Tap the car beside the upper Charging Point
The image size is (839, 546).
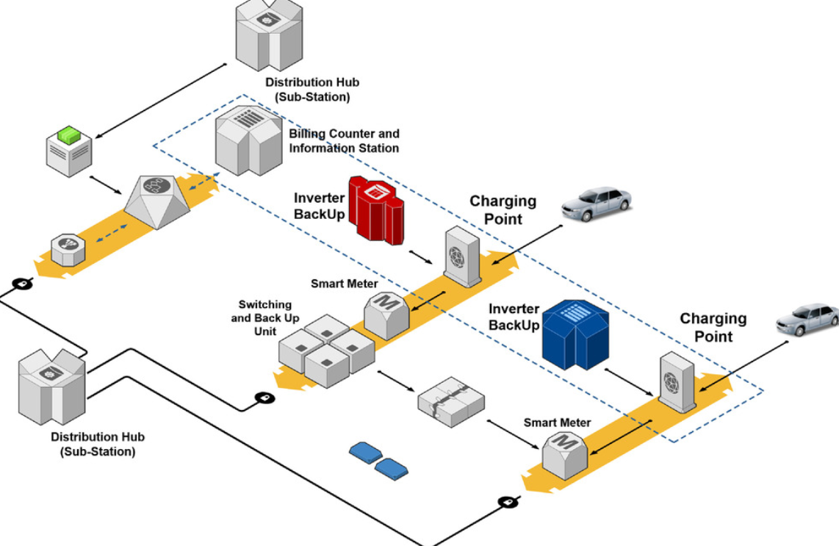pos(596,204)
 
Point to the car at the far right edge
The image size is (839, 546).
pos(808,321)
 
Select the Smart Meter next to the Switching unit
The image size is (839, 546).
pos(386,314)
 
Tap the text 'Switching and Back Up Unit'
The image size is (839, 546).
pos(265,317)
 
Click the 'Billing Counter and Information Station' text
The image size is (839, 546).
pos(344,141)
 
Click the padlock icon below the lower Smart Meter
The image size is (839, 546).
pos(507,503)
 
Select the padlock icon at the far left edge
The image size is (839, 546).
pos(22,284)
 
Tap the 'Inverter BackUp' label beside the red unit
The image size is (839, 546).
pos(318,206)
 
